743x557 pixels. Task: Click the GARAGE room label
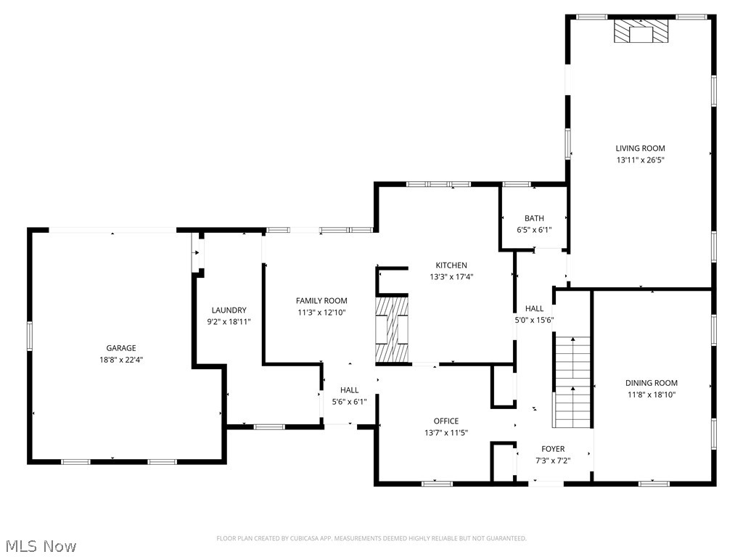coord(121,348)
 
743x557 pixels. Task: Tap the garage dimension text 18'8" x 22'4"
coord(121,359)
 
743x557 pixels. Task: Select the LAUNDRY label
coord(229,310)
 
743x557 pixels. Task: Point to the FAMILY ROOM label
coord(321,300)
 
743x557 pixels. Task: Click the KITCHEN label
coord(451,265)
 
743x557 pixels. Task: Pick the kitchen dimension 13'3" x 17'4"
coord(451,276)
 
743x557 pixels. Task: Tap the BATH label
coord(534,218)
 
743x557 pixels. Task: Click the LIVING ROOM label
coord(640,148)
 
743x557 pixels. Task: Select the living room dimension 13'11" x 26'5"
coord(640,160)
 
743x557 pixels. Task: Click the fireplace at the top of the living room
coord(641,31)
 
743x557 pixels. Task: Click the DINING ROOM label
coord(652,383)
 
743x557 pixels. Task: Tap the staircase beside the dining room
coord(573,383)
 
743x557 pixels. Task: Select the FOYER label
coord(552,449)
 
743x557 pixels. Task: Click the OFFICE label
coord(446,421)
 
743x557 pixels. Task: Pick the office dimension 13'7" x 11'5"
coord(446,432)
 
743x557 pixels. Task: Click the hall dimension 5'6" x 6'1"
coord(349,401)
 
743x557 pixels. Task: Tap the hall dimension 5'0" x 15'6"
coord(534,320)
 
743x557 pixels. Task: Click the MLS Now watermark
coord(40,545)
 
